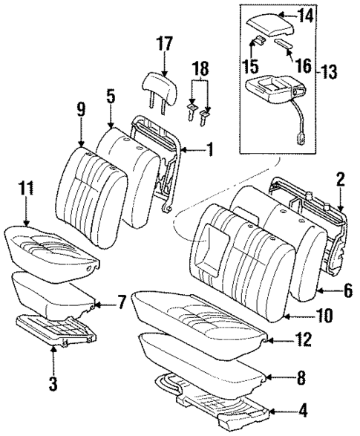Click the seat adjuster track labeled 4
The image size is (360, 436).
[223, 407]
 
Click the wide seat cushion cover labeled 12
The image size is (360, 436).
[197, 313]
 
